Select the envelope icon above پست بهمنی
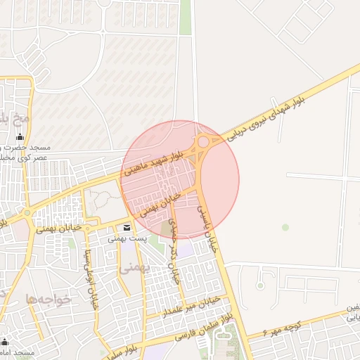(x=127, y=228)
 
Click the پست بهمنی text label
(x=127, y=239)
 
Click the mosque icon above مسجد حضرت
(x=20, y=137)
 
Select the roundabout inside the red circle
(x=202, y=142)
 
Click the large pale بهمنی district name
(x=133, y=268)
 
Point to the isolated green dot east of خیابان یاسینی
(x=285, y=226)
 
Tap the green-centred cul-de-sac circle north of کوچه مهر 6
(x=260, y=285)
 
